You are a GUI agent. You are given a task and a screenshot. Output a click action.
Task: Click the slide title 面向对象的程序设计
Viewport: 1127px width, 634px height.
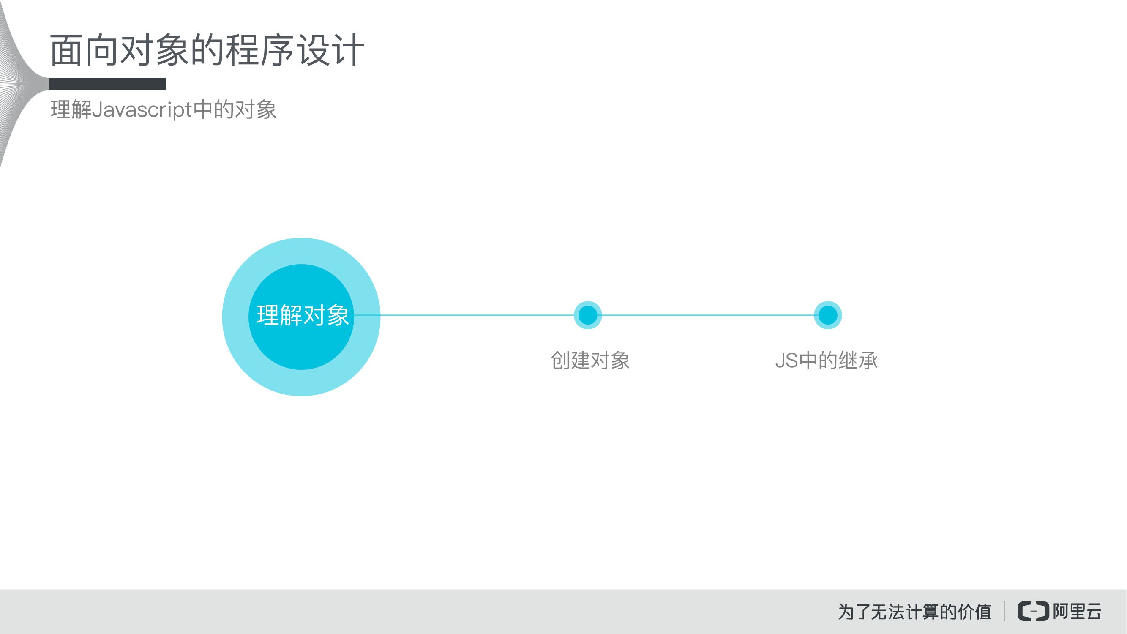pyautogui.click(x=207, y=50)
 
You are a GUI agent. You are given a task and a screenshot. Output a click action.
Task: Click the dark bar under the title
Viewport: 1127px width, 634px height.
pyautogui.click(x=107, y=84)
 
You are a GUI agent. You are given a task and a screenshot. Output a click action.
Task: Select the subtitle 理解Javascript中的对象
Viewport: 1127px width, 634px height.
pyautogui.click(x=163, y=109)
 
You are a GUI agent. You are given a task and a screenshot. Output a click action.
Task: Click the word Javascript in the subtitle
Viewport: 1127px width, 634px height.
pyautogui.click(x=142, y=109)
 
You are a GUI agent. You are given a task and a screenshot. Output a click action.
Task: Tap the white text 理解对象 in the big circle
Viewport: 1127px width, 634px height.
pyautogui.click(x=302, y=315)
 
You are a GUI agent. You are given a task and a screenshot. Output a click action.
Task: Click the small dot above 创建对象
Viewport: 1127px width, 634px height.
pyautogui.click(x=587, y=315)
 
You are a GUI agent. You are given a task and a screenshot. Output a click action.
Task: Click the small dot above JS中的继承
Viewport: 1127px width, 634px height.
pyautogui.click(x=827, y=315)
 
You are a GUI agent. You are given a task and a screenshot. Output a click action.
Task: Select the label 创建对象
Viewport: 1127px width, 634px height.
pyautogui.click(x=590, y=361)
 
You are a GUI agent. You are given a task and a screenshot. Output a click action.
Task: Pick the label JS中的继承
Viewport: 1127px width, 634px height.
pyautogui.click(x=826, y=361)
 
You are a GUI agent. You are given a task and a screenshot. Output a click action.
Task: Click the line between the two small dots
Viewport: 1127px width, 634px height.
pyautogui.click(x=707, y=315)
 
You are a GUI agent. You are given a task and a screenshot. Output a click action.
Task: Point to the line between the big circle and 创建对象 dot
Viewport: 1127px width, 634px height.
pyautogui.click(x=477, y=315)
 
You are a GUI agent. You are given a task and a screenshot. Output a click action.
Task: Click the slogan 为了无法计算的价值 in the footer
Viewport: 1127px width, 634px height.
pyautogui.click(x=914, y=612)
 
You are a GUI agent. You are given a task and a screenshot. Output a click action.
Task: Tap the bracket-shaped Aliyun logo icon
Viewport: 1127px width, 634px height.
pyautogui.click(x=1033, y=611)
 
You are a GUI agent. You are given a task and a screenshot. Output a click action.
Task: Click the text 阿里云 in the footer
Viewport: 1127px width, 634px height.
pyautogui.click(x=1077, y=611)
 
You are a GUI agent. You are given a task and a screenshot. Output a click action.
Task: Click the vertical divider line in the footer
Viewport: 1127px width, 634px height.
pyautogui.click(x=1004, y=611)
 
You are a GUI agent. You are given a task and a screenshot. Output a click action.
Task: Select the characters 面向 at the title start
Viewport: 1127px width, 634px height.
pyautogui.click(x=84, y=50)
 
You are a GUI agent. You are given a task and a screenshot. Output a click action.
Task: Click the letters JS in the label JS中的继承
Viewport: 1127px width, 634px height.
pyautogui.click(x=786, y=361)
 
